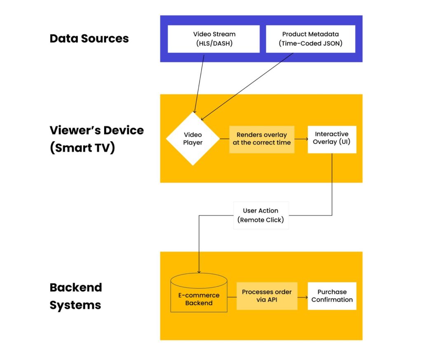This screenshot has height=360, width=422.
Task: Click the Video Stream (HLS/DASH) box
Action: [x=213, y=39]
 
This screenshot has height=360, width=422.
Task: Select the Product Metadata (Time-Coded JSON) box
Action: [x=310, y=39]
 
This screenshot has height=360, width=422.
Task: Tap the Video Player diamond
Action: [x=192, y=139]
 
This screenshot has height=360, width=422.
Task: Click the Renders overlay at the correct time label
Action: [x=262, y=139]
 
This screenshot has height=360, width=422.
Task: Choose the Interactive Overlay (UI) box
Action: [x=332, y=139]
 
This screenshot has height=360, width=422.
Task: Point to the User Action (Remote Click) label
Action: [x=261, y=215]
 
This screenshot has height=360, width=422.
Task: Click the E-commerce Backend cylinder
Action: [x=199, y=295]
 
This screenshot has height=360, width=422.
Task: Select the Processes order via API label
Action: [x=267, y=296]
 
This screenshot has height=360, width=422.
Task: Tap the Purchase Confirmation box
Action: [x=332, y=296]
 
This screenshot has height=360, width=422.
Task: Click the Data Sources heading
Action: [x=89, y=39]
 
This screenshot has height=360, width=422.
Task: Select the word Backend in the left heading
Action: [x=76, y=287]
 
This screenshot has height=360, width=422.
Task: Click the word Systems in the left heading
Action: [x=75, y=305]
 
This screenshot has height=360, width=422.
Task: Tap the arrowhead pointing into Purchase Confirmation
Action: [x=305, y=296]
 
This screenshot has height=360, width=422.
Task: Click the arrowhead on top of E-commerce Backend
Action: [x=199, y=271]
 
